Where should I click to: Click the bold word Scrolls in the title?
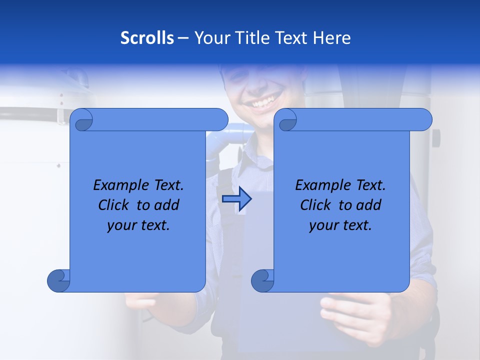click(x=147, y=38)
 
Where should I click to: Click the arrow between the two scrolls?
click(x=236, y=199)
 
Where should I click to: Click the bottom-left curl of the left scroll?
click(x=59, y=280)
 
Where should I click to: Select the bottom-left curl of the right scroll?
click(x=262, y=280)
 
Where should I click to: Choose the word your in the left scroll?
click(x=121, y=225)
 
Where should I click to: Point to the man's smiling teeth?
click(x=263, y=103)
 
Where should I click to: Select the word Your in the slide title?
click(x=209, y=38)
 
